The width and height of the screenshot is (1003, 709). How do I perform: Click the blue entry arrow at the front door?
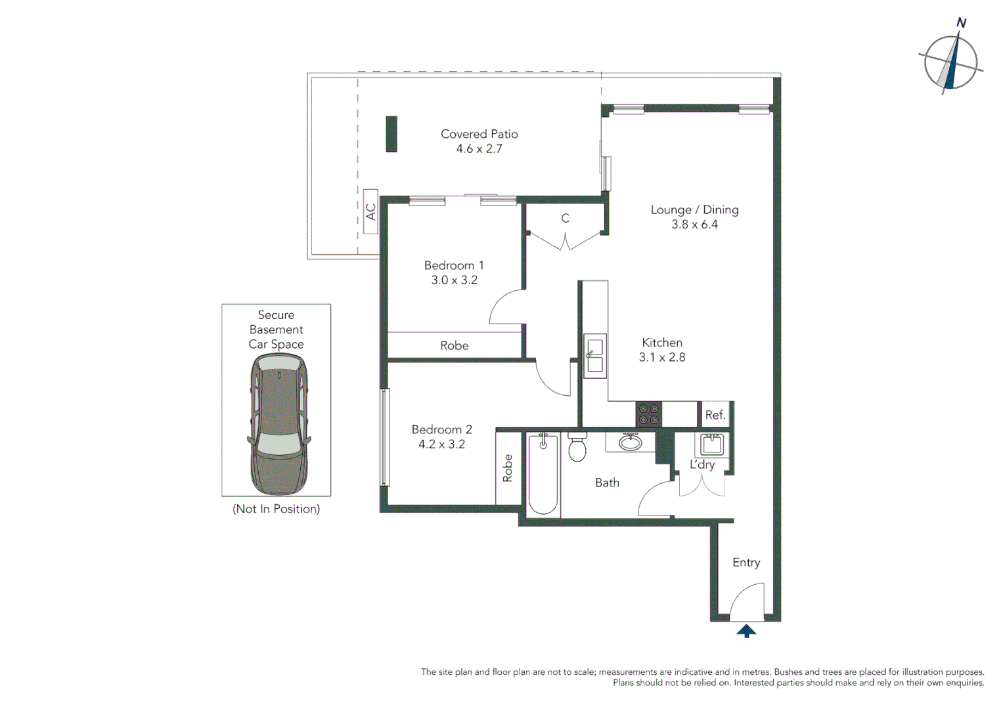tap(746, 632)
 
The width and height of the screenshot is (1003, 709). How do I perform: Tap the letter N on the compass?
tap(961, 23)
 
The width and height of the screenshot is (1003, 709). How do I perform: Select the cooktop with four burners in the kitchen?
tap(648, 414)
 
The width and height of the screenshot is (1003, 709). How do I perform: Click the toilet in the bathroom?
tap(577, 448)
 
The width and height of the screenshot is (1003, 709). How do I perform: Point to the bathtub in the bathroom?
tap(543, 474)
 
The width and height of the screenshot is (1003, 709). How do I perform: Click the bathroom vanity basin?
tap(631, 442)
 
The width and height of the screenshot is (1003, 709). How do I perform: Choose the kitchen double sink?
tap(594, 355)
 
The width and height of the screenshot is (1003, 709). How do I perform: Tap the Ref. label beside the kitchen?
tap(715, 415)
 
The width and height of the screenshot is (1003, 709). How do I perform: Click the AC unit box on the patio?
tap(370, 211)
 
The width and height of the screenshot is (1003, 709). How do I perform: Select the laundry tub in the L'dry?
tap(711, 444)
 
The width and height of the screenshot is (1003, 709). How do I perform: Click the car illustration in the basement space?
tap(279, 423)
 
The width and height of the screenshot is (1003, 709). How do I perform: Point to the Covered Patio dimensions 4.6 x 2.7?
tap(479, 149)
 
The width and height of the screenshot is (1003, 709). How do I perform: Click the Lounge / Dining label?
tap(694, 210)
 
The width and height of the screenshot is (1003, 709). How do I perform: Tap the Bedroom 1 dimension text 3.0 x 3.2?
tap(454, 280)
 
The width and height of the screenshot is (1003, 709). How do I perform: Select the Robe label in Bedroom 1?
tap(454, 346)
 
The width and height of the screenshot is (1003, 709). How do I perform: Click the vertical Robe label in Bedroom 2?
tap(508, 468)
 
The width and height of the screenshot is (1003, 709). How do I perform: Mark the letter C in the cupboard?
tap(565, 219)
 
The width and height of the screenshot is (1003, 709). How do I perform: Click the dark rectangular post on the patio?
tap(391, 134)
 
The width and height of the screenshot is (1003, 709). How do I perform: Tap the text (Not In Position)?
tap(276, 509)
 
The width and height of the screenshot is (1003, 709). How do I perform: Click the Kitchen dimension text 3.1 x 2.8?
tap(662, 358)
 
